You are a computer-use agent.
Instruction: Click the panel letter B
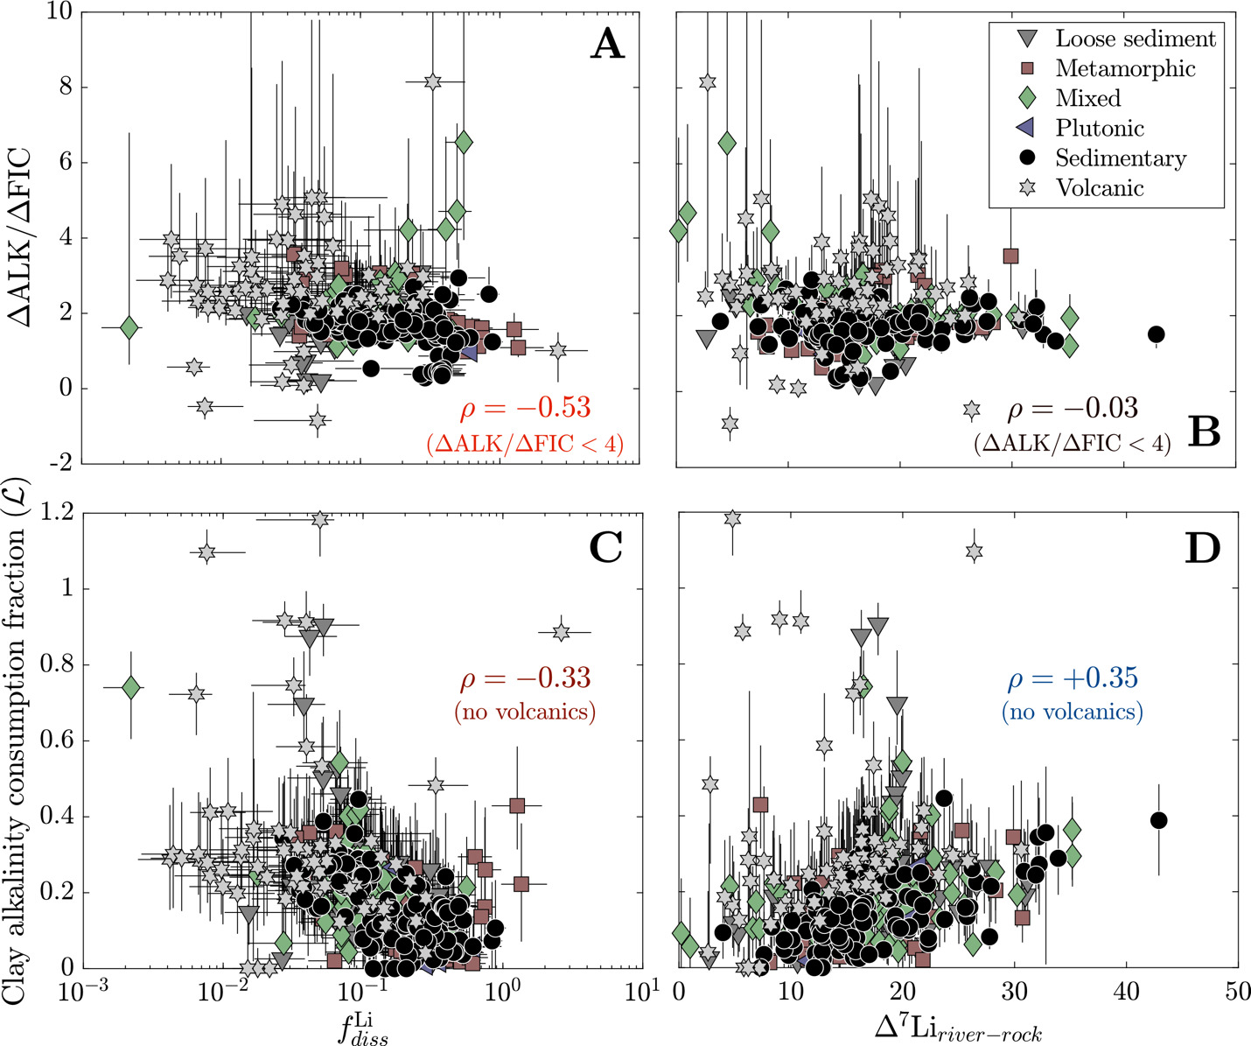(1204, 432)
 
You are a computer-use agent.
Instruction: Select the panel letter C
(605, 547)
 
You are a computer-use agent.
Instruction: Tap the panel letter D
(1203, 547)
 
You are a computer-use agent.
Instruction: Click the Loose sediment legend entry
(1135, 39)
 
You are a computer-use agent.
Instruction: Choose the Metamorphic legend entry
(1125, 68)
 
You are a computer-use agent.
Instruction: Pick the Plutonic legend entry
(1099, 128)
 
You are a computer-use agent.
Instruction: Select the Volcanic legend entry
(1099, 187)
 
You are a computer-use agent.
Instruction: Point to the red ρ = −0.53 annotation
(525, 408)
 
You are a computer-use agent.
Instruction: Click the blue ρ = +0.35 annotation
(1073, 678)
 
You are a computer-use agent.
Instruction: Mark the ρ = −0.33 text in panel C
(525, 678)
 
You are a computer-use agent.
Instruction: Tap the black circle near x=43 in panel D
(1158, 820)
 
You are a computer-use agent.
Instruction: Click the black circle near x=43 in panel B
(1156, 334)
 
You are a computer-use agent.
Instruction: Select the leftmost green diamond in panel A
(129, 327)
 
